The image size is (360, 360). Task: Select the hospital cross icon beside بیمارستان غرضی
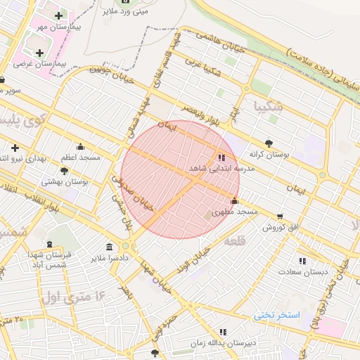point(39,53)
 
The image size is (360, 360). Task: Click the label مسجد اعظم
point(81,157)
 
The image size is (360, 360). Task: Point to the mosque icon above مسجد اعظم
point(80,147)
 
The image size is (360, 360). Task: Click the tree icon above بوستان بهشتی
point(65,171)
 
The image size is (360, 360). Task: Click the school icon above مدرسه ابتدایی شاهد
point(222,158)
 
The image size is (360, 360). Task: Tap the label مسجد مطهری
point(236,212)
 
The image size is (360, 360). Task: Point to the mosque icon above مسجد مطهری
point(234,201)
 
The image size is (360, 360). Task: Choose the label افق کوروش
point(283,227)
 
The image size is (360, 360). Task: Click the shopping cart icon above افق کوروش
point(281,217)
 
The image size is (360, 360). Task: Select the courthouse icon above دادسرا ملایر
point(109,247)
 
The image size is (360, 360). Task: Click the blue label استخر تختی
point(276,315)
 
